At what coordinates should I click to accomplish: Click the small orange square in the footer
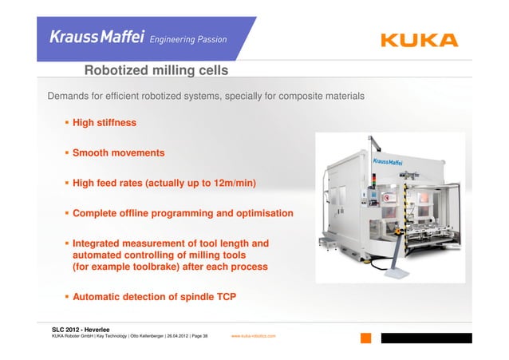click(365, 338)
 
